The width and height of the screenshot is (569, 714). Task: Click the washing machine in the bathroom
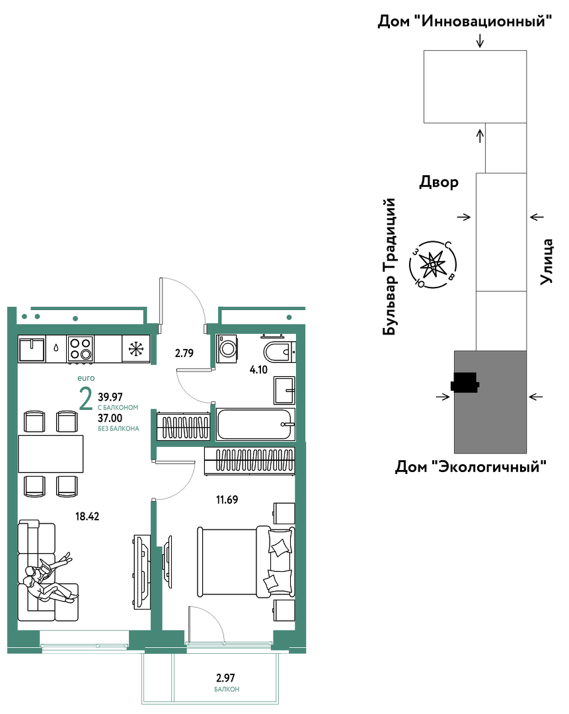(x=226, y=349)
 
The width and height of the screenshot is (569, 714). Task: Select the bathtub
(x=255, y=424)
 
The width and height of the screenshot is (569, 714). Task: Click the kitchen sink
(x=32, y=349)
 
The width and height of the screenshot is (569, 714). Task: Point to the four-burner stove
(x=80, y=349)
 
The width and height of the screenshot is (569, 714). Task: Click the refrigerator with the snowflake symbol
(x=135, y=349)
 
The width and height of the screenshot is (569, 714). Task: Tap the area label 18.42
(x=87, y=516)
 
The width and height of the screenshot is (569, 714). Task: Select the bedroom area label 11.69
(x=227, y=500)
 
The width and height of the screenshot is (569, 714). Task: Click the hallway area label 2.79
(x=184, y=353)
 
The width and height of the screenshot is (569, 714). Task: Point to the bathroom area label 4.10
(x=258, y=370)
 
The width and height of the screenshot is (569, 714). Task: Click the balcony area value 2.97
(x=226, y=678)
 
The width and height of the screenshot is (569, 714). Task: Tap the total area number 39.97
(x=110, y=397)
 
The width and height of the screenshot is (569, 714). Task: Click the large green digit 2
(x=85, y=399)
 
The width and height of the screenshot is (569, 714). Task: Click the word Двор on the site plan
(x=439, y=182)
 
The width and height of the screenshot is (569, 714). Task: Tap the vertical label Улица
(x=547, y=262)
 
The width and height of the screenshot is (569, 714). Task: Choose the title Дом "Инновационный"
(x=465, y=21)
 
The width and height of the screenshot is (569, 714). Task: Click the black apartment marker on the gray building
(x=465, y=383)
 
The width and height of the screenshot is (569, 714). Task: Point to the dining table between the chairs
(x=50, y=454)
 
